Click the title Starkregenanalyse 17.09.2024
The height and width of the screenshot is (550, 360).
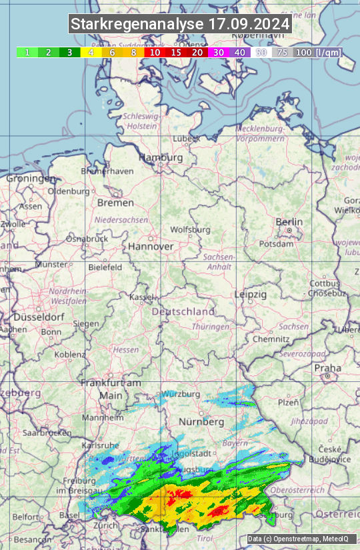coord(180,25)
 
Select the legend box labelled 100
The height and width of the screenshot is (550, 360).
coord(303,52)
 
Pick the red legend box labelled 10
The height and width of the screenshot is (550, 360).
coord(155,52)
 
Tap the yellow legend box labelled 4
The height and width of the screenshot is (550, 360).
coord(91,52)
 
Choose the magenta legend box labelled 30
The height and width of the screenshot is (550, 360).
coord(219,52)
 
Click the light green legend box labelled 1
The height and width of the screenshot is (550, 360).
coord(27,52)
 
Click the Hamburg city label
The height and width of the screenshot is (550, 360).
coord(160,158)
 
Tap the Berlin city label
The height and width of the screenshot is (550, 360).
coord(289,222)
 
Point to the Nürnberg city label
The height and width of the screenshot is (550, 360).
coord(201,422)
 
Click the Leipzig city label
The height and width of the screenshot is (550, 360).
coord(251,294)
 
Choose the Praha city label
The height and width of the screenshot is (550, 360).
coord(327,367)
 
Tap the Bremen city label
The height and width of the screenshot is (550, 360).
coord(115,203)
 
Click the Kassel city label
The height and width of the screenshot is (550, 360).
coord(141,297)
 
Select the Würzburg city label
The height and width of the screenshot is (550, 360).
coord(181,394)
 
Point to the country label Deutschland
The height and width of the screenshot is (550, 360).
coord(183,311)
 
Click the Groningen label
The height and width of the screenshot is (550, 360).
coord(31,179)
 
